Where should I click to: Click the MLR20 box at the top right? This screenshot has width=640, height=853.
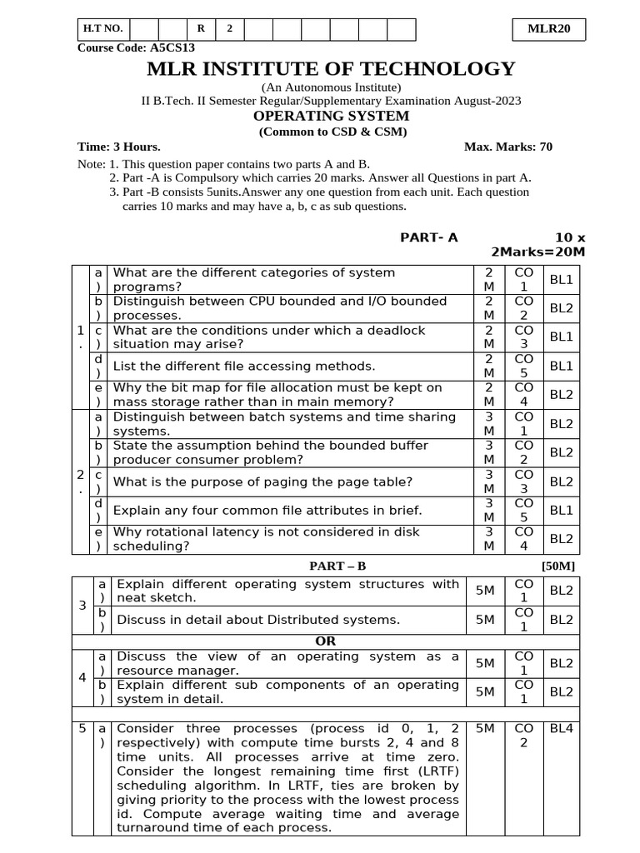tap(549, 28)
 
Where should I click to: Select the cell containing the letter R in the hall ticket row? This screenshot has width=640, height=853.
tap(201, 28)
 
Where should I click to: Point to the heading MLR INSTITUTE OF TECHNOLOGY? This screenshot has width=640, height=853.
tap(331, 69)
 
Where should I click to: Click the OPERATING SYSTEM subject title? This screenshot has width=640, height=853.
tap(331, 116)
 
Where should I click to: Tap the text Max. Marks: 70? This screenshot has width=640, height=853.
tap(507, 147)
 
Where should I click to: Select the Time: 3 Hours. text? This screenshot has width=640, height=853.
tap(119, 147)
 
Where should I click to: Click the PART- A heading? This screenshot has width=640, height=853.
tap(429, 237)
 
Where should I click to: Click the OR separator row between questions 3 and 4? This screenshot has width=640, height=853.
tap(326, 641)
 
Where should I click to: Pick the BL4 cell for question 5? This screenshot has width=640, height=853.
tap(561, 728)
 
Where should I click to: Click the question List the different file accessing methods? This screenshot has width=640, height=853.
tap(244, 367)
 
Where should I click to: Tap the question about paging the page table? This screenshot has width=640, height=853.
tap(262, 481)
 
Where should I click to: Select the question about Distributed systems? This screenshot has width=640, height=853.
tap(258, 620)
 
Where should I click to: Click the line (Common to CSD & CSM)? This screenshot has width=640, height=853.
tap(331, 132)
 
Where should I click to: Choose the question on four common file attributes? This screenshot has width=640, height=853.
tap(267, 511)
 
